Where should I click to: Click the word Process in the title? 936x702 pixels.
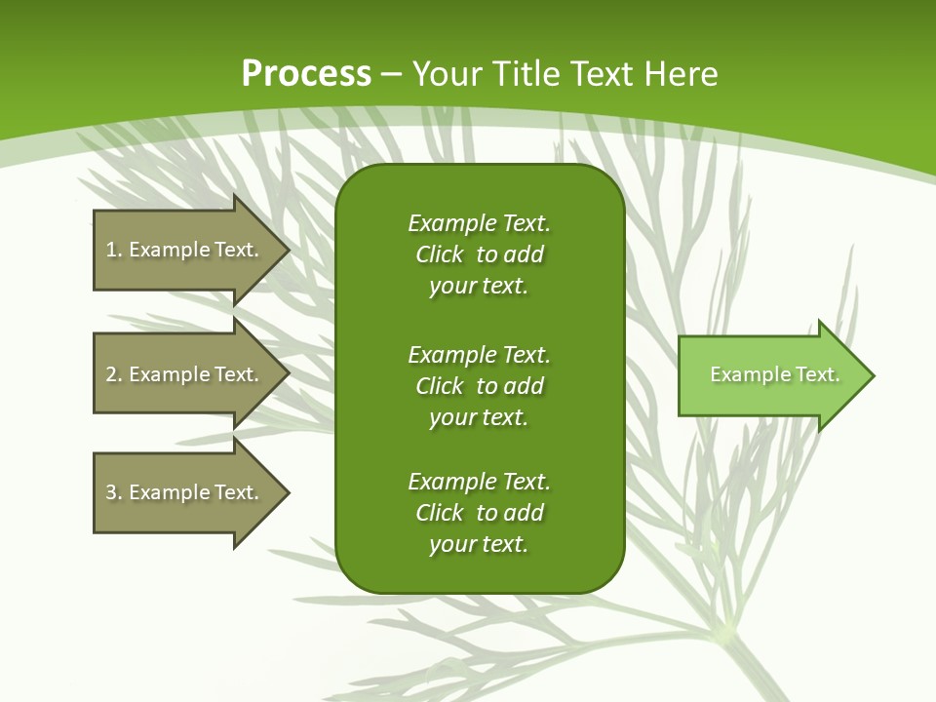[306, 74]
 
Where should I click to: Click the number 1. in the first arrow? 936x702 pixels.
[114, 250]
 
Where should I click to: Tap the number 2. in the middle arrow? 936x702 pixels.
[114, 374]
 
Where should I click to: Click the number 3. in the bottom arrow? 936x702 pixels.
[114, 492]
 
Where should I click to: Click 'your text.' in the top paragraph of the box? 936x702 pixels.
[479, 287]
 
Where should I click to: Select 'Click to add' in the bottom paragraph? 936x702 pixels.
[479, 513]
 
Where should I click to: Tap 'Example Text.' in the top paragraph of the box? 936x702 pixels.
[479, 223]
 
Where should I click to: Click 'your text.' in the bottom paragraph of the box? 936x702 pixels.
[479, 545]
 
